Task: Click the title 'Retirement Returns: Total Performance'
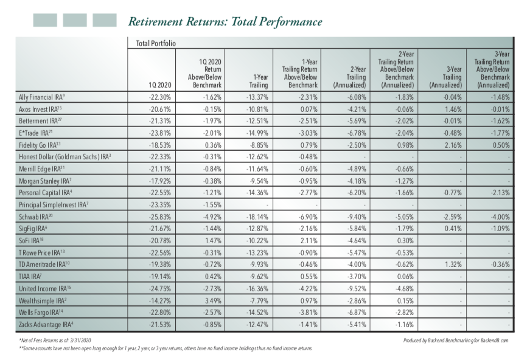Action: (x=225, y=22)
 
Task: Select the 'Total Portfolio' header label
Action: (x=156, y=43)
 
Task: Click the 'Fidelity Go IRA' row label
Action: (x=40, y=145)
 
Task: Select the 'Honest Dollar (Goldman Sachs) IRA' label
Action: (x=65, y=157)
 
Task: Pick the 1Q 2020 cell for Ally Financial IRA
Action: (x=160, y=97)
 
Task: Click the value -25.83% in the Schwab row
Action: (x=160, y=217)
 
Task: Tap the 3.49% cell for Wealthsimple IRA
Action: (x=213, y=300)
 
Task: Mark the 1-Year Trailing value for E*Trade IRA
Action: (x=257, y=133)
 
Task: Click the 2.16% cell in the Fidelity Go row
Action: (x=453, y=145)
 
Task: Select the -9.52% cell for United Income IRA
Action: (x=357, y=289)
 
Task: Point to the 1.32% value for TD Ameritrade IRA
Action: (x=453, y=265)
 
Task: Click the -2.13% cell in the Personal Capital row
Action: (x=500, y=193)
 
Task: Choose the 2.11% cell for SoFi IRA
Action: (x=309, y=241)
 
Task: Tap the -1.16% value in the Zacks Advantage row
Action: (x=405, y=325)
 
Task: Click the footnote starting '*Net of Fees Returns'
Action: (x=55, y=341)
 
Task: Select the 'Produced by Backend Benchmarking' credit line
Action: (x=456, y=341)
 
